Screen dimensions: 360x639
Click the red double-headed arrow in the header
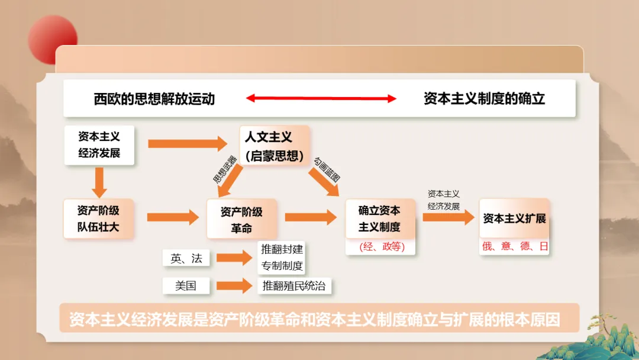tap(321, 99)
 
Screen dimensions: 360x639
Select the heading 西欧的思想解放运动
tap(154, 99)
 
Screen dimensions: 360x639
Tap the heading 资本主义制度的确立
tap(484, 99)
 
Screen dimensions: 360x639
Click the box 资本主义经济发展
tap(99, 144)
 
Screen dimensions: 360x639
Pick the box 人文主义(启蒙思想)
tap(275, 146)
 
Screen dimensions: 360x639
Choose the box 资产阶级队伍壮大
tap(98, 218)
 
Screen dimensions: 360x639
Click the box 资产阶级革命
tap(241, 219)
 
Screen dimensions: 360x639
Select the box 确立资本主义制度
tap(379, 218)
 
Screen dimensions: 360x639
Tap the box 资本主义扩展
tap(514, 218)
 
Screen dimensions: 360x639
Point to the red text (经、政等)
tap(382, 247)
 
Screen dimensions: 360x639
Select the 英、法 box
tap(186, 258)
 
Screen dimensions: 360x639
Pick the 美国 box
tap(186, 286)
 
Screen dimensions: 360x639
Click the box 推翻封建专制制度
tap(282, 258)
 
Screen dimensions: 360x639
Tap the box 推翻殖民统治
tap(294, 286)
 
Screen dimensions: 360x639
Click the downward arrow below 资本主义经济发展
tap(99, 182)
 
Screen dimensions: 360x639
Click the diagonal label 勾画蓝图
tap(327, 169)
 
